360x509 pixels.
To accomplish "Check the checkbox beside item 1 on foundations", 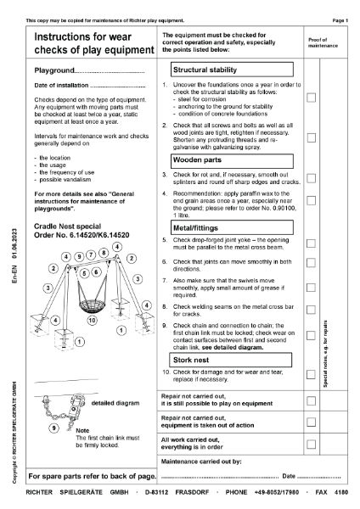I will click(312, 98).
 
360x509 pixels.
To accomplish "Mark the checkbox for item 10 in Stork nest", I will click(312, 377).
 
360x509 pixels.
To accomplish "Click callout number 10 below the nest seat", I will click(93, 322).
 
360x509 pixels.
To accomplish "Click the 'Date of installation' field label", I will click(60, 87).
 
